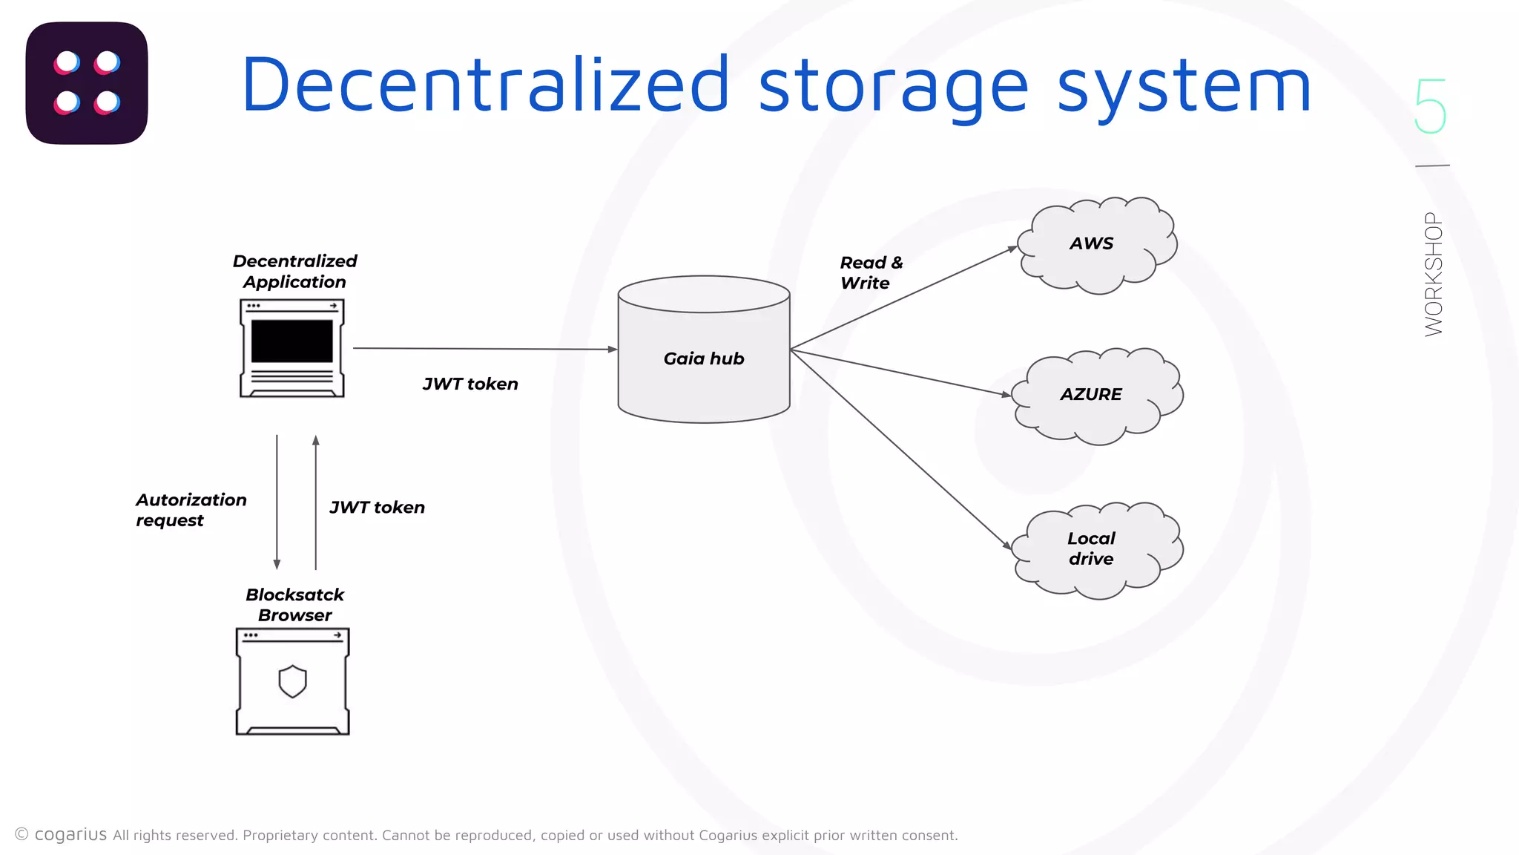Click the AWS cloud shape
(1096, 244)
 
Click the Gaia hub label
(703, 358)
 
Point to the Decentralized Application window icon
(292, 348)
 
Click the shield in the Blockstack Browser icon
(292, 681)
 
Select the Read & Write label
(871, 272)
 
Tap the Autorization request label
(191, 510)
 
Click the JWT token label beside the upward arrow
(377, 508)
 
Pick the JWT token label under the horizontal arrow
(470, 384)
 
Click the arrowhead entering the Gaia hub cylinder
(612, 349)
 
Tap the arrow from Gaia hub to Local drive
(900, 450)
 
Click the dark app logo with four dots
(87, 83)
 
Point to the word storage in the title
(893, 88)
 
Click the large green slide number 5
(1429, 106)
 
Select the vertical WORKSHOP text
(1433, 274)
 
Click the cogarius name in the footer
(70, 834)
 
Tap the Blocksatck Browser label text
(294, 605)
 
